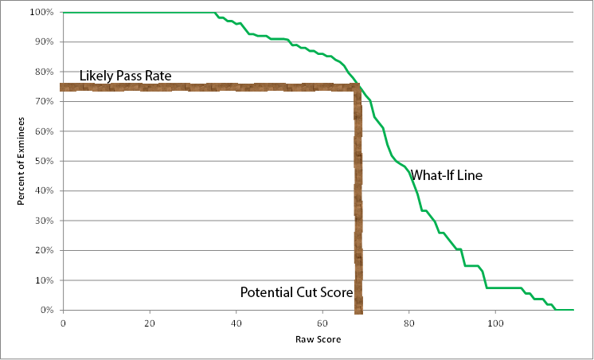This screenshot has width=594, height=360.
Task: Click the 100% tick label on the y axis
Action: pyautogui.click(x=42, y=13)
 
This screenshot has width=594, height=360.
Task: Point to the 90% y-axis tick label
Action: pyautogui.click(x=45, y=42)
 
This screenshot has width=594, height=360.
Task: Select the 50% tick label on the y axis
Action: pyautogui.click(x=45, y=161)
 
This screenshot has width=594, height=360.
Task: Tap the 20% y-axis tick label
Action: pyautogui.click(x=45, y=250)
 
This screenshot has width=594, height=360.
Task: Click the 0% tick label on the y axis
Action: pyautogui.click(x=47, y=310)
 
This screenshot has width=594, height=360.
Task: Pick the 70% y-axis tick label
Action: pyautogui.click(x=45, y=102)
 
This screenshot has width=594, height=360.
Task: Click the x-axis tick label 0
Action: pyautogui.click(x=63, y=323)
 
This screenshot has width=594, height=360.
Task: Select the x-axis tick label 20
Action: pyautogui.click(x=150, y=323)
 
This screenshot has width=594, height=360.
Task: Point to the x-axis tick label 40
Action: pyautogui.click(x=236, y=323)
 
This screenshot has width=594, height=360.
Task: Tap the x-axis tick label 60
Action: pyautogui.click(x=322, y=323)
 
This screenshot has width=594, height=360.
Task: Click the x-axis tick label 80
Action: pyautogui.click(x=409, y=323)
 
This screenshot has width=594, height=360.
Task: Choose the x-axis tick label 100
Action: pyautogui.click(x=495, y=323)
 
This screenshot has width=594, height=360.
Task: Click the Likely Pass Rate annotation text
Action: pyautogui.click(x=125, y=76)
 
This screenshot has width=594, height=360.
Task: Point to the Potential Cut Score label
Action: pyautogui.click(x=296, y=292)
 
